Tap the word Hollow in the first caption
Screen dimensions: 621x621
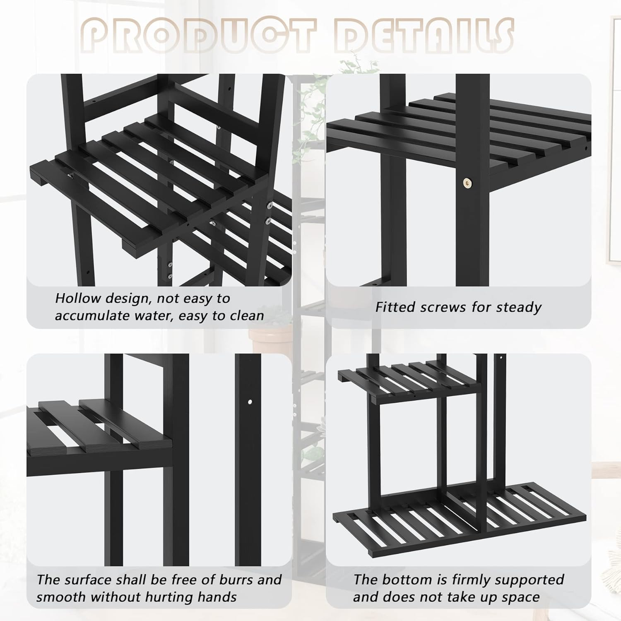[x=78, y=298]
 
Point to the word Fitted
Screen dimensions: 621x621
[x=396, y=307]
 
